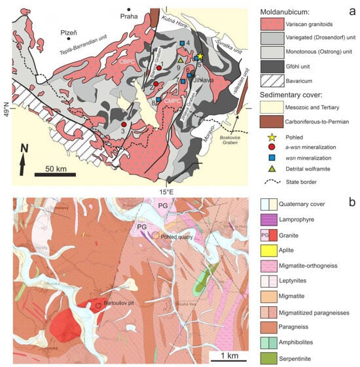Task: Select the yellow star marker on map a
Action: tap(200, 58)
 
